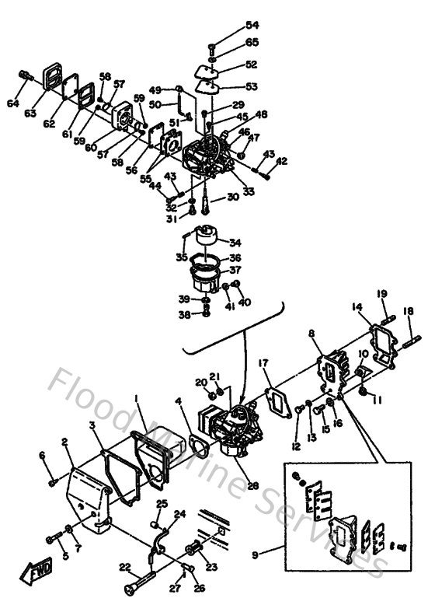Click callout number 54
coord(231,26)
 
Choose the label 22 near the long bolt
coord(125,567)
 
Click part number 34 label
coord(235,242)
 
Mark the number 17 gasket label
coord(263,363)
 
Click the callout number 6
coord(42,456)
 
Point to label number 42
coord(280,161)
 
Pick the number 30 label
coord(232,198)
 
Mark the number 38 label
coord(183,316)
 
